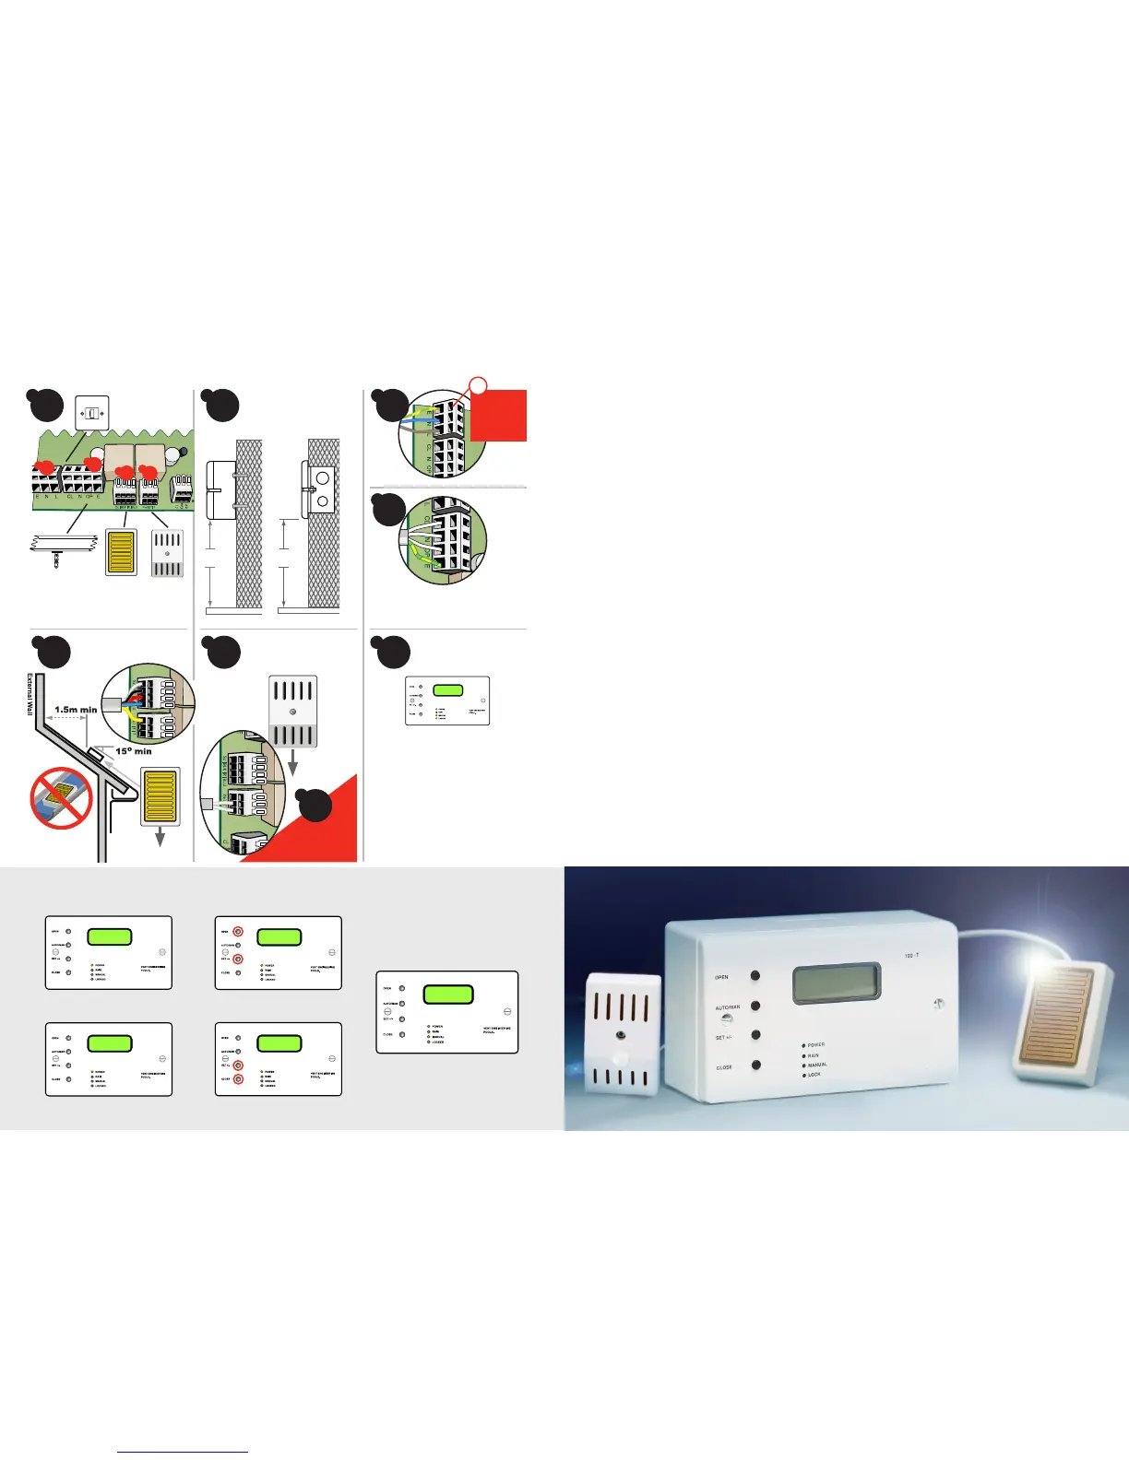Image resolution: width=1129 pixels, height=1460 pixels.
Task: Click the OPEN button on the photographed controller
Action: pos(755,975)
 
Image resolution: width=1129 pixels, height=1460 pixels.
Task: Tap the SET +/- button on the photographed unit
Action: pos(755,1035)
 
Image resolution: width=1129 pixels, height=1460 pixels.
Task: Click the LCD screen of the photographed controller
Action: pos(837,983)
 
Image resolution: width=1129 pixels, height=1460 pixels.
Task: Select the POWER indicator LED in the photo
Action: pos(804,1045)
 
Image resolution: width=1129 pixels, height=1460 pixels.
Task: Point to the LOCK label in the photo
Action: pos(814,1075)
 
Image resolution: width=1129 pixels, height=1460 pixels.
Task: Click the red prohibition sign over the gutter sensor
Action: pos(62,799)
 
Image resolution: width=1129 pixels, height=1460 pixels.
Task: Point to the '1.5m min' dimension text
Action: pos(76,710)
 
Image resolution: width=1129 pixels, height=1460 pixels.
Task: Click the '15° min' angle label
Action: pos(134,751)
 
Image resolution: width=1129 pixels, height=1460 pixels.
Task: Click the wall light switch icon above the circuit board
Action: pos(92,413)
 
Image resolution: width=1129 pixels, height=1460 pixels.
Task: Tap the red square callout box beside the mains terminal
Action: pos(498,416)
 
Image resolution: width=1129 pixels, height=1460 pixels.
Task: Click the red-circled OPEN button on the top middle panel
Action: pos(237,931)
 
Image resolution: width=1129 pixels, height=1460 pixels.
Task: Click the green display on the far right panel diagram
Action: pos(447,995)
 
